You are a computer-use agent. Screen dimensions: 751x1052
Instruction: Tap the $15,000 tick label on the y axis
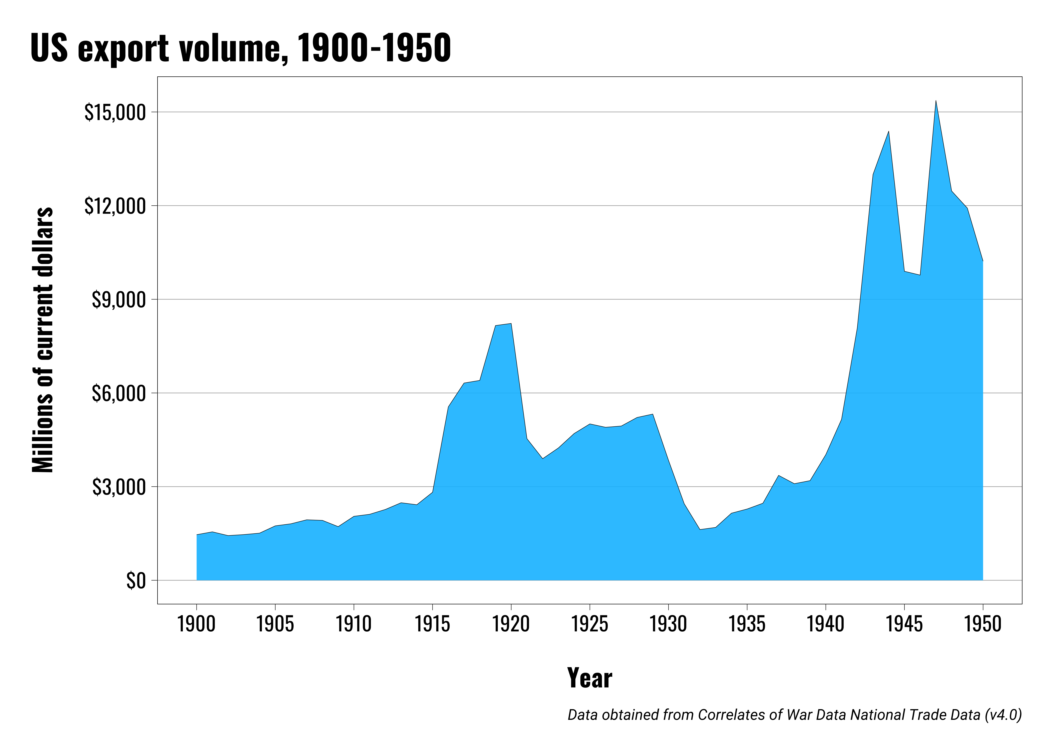115,112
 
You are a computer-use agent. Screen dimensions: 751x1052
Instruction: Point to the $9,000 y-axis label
118,300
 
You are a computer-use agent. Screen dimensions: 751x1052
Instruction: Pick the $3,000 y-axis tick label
118,487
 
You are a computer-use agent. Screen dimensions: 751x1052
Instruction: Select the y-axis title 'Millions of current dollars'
43,340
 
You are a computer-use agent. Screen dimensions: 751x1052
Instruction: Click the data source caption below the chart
794,715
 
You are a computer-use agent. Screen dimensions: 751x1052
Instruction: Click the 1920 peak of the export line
511,324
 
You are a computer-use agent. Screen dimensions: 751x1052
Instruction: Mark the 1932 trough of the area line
700,529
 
